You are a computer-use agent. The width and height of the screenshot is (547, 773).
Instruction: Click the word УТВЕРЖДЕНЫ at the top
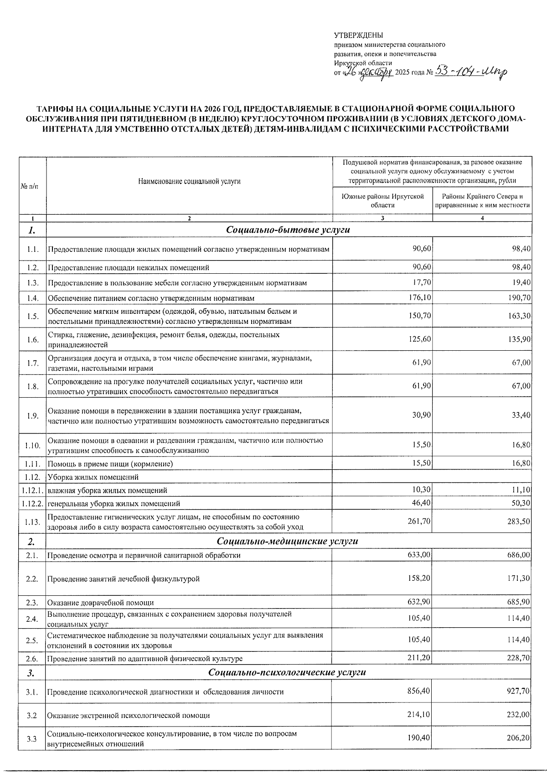pyautogui.click(x=358, y=36)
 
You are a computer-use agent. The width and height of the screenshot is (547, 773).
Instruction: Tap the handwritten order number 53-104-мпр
pyautogui.click(x=471, y=72)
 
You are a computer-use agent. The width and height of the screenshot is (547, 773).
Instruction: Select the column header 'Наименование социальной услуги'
pyautogui.click(x=189, y=181)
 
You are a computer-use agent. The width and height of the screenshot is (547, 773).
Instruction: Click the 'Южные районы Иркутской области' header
pyautogui.click(x=382, y=200)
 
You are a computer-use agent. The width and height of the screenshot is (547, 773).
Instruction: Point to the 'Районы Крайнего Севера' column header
pyautogui.click(x=482, y=200)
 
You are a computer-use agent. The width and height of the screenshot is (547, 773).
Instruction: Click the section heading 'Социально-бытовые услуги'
pyautogui.click(x=288, y=230)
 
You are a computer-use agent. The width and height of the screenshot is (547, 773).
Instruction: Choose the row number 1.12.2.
pyautogui.click(x=32, y=503)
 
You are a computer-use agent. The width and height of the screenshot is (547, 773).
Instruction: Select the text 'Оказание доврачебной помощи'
pyautogui.click(x=101, y=603)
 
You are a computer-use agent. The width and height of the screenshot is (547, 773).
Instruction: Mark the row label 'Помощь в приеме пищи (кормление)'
pyautogui.click(x=110, y=464)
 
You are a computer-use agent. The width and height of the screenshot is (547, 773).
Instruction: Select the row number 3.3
pyautogui.click(x=32, y=739)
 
